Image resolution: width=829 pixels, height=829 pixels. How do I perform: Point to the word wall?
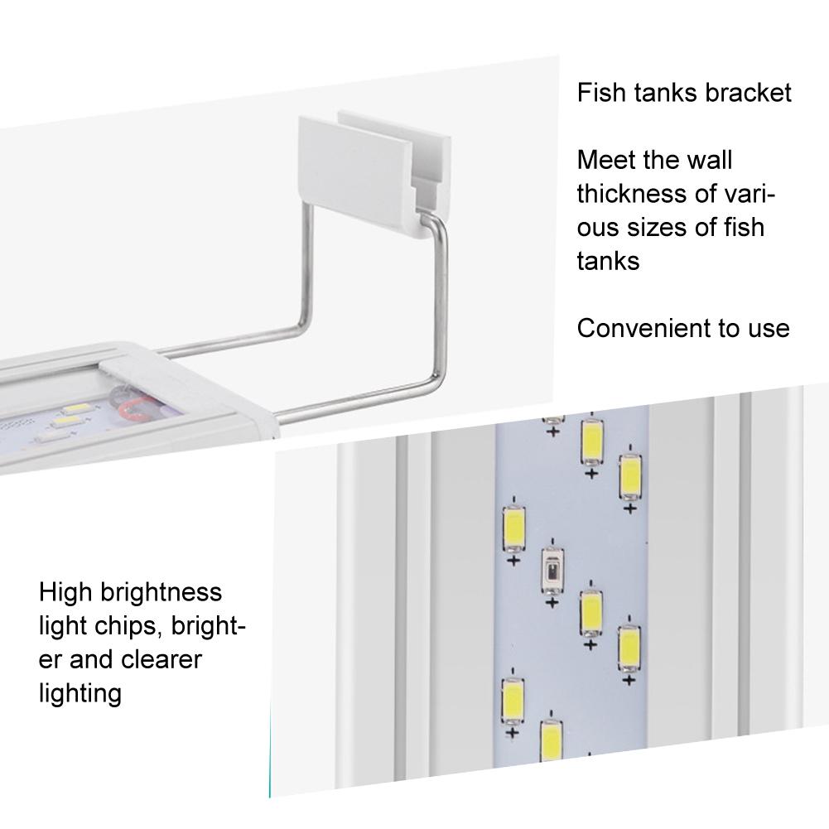tap(711, 160)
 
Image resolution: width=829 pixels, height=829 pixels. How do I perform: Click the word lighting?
tap(80, 695)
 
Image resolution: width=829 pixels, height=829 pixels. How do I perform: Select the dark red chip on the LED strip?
tap(552, 571)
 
